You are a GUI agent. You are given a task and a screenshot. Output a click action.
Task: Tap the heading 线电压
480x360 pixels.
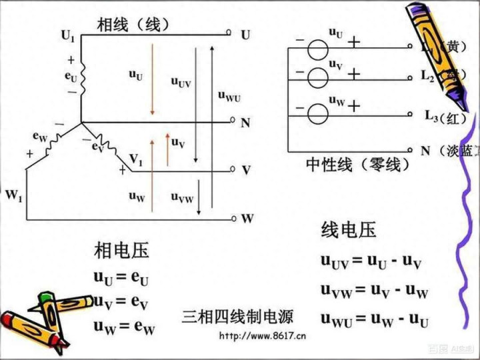348,230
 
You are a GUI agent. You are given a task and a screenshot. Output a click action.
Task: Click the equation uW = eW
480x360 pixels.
124,327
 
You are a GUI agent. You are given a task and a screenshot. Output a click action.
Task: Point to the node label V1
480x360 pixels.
135,159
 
